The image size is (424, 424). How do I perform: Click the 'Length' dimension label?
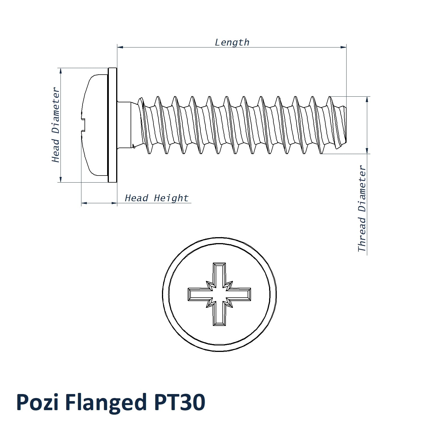tap(232, 42)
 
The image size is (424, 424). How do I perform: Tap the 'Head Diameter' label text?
tap(56, 125)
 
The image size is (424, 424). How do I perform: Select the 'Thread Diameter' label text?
tap(362, 209)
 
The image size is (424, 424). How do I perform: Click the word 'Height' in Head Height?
tap(171, 198)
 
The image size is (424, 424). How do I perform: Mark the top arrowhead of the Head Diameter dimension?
tap(61, 71)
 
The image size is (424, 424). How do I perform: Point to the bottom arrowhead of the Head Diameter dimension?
tap(61, 179)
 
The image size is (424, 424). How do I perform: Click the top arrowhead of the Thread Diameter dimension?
tap(367, 99)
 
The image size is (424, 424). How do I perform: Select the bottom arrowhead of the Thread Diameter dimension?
tap(367, 151)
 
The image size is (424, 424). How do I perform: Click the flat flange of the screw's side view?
tap(113, 125)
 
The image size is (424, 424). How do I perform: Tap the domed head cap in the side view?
tap(95, 125)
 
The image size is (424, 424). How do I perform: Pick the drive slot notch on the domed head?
tap(83, 125)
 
